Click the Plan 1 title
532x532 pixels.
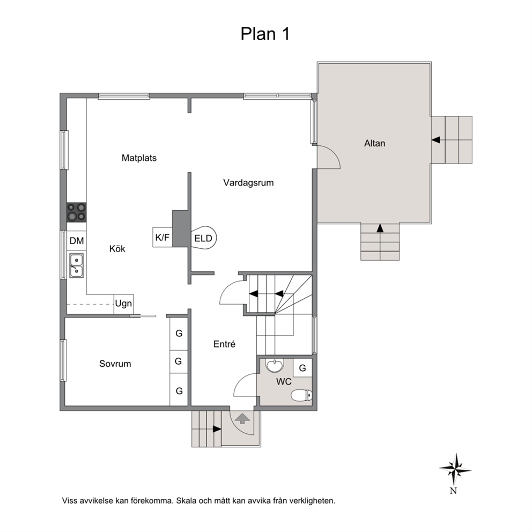pyautogui.click(x=265, y=34)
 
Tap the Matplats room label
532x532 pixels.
pyautogui.click(x=139, y=158)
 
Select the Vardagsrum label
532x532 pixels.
pyautogui.click(x=248, y=183)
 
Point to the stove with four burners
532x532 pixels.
pyautogui.click(x=76, y=212)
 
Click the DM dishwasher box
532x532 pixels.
pyautogui.click(x=77, y=241)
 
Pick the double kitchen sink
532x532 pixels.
pyautogui.click(x=77, y=265)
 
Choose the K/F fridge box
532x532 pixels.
pyautogui.click(x=162, y=237)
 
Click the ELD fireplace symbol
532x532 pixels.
pyautogui.click(x=204, y=238)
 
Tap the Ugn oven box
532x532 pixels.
pyautogui.click(x=123, y=304)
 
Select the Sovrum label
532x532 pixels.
pyautogui.click(x=115, y=364)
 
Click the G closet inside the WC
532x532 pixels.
pyautogui.click(x=302, y=367)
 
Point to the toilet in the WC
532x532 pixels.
pyautogui.click(x=301, y=395)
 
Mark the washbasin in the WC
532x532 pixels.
pyautogui.click(x=275, y=366)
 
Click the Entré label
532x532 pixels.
pyautogui.click(x=224, y=344)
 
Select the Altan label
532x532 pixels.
pyautogui.click(x=374, y=143)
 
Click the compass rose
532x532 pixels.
pyautogui.click(x=455, y=470)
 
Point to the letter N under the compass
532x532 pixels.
pyautogui.click(x=453, y=491)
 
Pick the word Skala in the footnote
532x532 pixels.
pyautogui.click(x=186, y=500)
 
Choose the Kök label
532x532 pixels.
pyautogui.click(x=117, y=249)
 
